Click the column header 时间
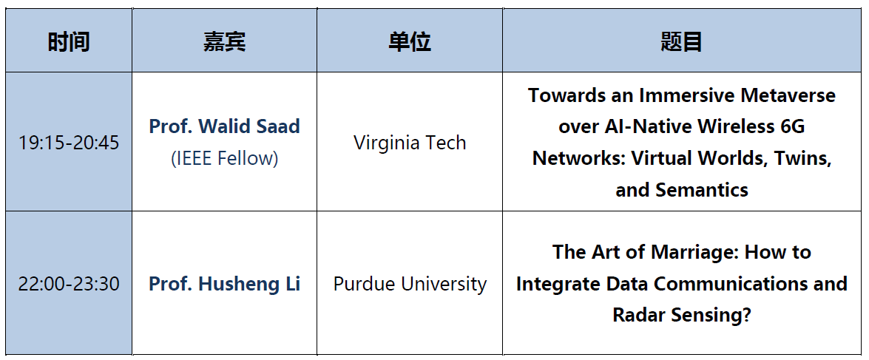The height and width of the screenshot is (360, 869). pyautogui.click(x=69, y=41)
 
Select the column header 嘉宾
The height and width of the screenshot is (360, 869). pyautogui.click(x=224, y=41)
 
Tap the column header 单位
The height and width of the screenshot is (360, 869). pyautogui.click(x=410, y=41)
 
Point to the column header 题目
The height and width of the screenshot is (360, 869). pyautogui.click(x=682, y=41)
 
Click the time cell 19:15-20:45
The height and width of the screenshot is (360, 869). pyautogui.click(x=69, y=143)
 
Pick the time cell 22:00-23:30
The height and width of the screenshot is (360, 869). pyautogui.click(x=69, y=284)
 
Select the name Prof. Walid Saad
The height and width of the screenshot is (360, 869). pyautogui.click(x=224, y=126)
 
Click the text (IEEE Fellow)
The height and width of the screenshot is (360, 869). pyautogui.click(x=224, y=158)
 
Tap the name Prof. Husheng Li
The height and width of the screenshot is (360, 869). pyautogui.click(x=224, y=284)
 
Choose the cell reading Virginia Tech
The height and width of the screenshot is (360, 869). pyautogui.click(x=410, y=143)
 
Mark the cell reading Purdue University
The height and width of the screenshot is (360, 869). pyautogui.click(x=410, y=284)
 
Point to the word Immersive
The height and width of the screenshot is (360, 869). pyautogui.click(x=682, y=95)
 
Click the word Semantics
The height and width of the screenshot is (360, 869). pyautogui.click(x=702, y=191)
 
